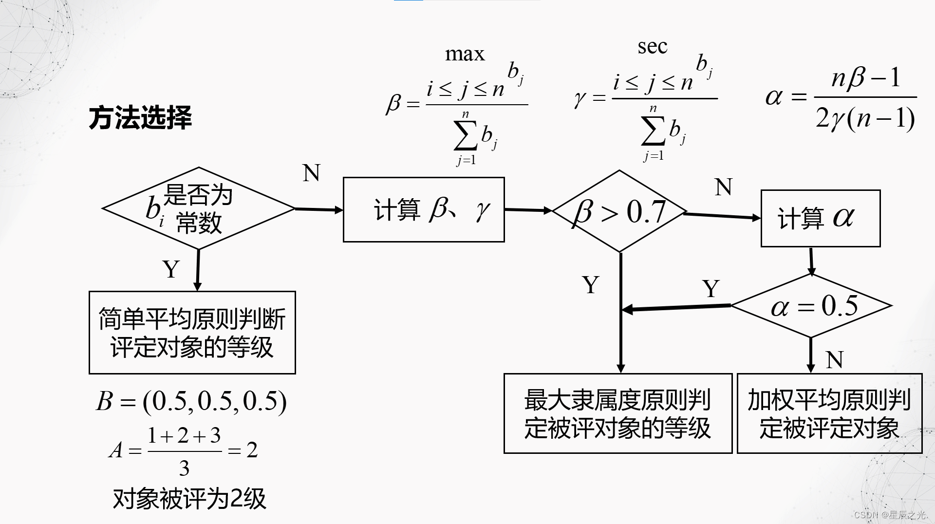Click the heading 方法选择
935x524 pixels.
[140, 118]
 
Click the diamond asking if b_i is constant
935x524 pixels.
[198, 209]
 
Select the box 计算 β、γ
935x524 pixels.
[424, 210]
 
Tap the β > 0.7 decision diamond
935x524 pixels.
[619, 211]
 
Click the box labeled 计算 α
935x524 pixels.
[821, 218]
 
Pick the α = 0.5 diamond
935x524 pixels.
[812, 306]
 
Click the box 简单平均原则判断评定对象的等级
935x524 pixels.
[192, 333]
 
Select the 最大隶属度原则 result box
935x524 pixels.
[617, 413]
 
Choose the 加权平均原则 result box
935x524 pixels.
[829, 413]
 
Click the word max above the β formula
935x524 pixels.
[465, 54]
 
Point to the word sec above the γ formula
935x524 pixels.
[652, 46]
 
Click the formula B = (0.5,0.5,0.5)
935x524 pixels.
[191, 401]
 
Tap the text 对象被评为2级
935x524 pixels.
[189, 499]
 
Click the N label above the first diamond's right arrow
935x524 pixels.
[311, 173]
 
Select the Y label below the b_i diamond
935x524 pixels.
[171, 269]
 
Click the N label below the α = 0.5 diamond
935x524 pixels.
[835, 360]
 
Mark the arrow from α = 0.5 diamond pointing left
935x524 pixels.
[677, 308]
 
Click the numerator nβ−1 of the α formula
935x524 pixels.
[866, 78]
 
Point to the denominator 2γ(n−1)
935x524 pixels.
[865, 118]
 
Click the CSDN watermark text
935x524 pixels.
[890, 515]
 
